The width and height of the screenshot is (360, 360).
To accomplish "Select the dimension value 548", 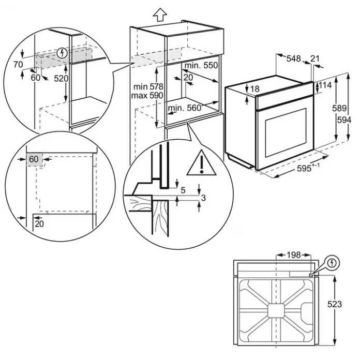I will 294,59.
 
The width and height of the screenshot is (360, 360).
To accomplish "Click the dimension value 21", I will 316,59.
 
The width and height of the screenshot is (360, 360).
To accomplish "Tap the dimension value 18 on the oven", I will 254,89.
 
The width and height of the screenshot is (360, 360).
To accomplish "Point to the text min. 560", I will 184,108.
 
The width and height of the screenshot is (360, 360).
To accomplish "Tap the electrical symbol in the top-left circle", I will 63,52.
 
